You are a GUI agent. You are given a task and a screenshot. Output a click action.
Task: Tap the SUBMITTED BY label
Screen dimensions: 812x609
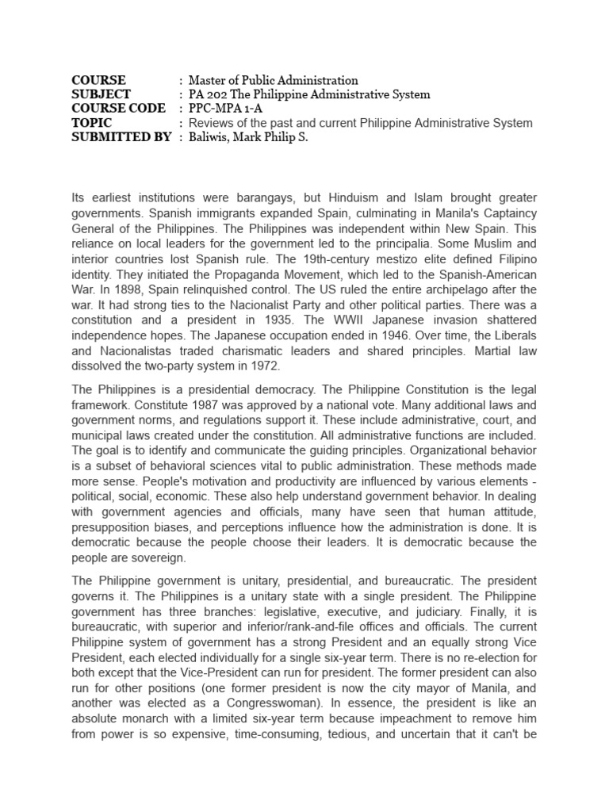[121, 137]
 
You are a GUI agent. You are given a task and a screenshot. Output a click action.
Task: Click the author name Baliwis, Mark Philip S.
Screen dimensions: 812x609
[247, 137]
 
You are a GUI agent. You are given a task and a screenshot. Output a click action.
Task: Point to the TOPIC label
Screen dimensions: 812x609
[91, 123]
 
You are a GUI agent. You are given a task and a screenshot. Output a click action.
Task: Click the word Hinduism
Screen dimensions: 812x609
[361, 197]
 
